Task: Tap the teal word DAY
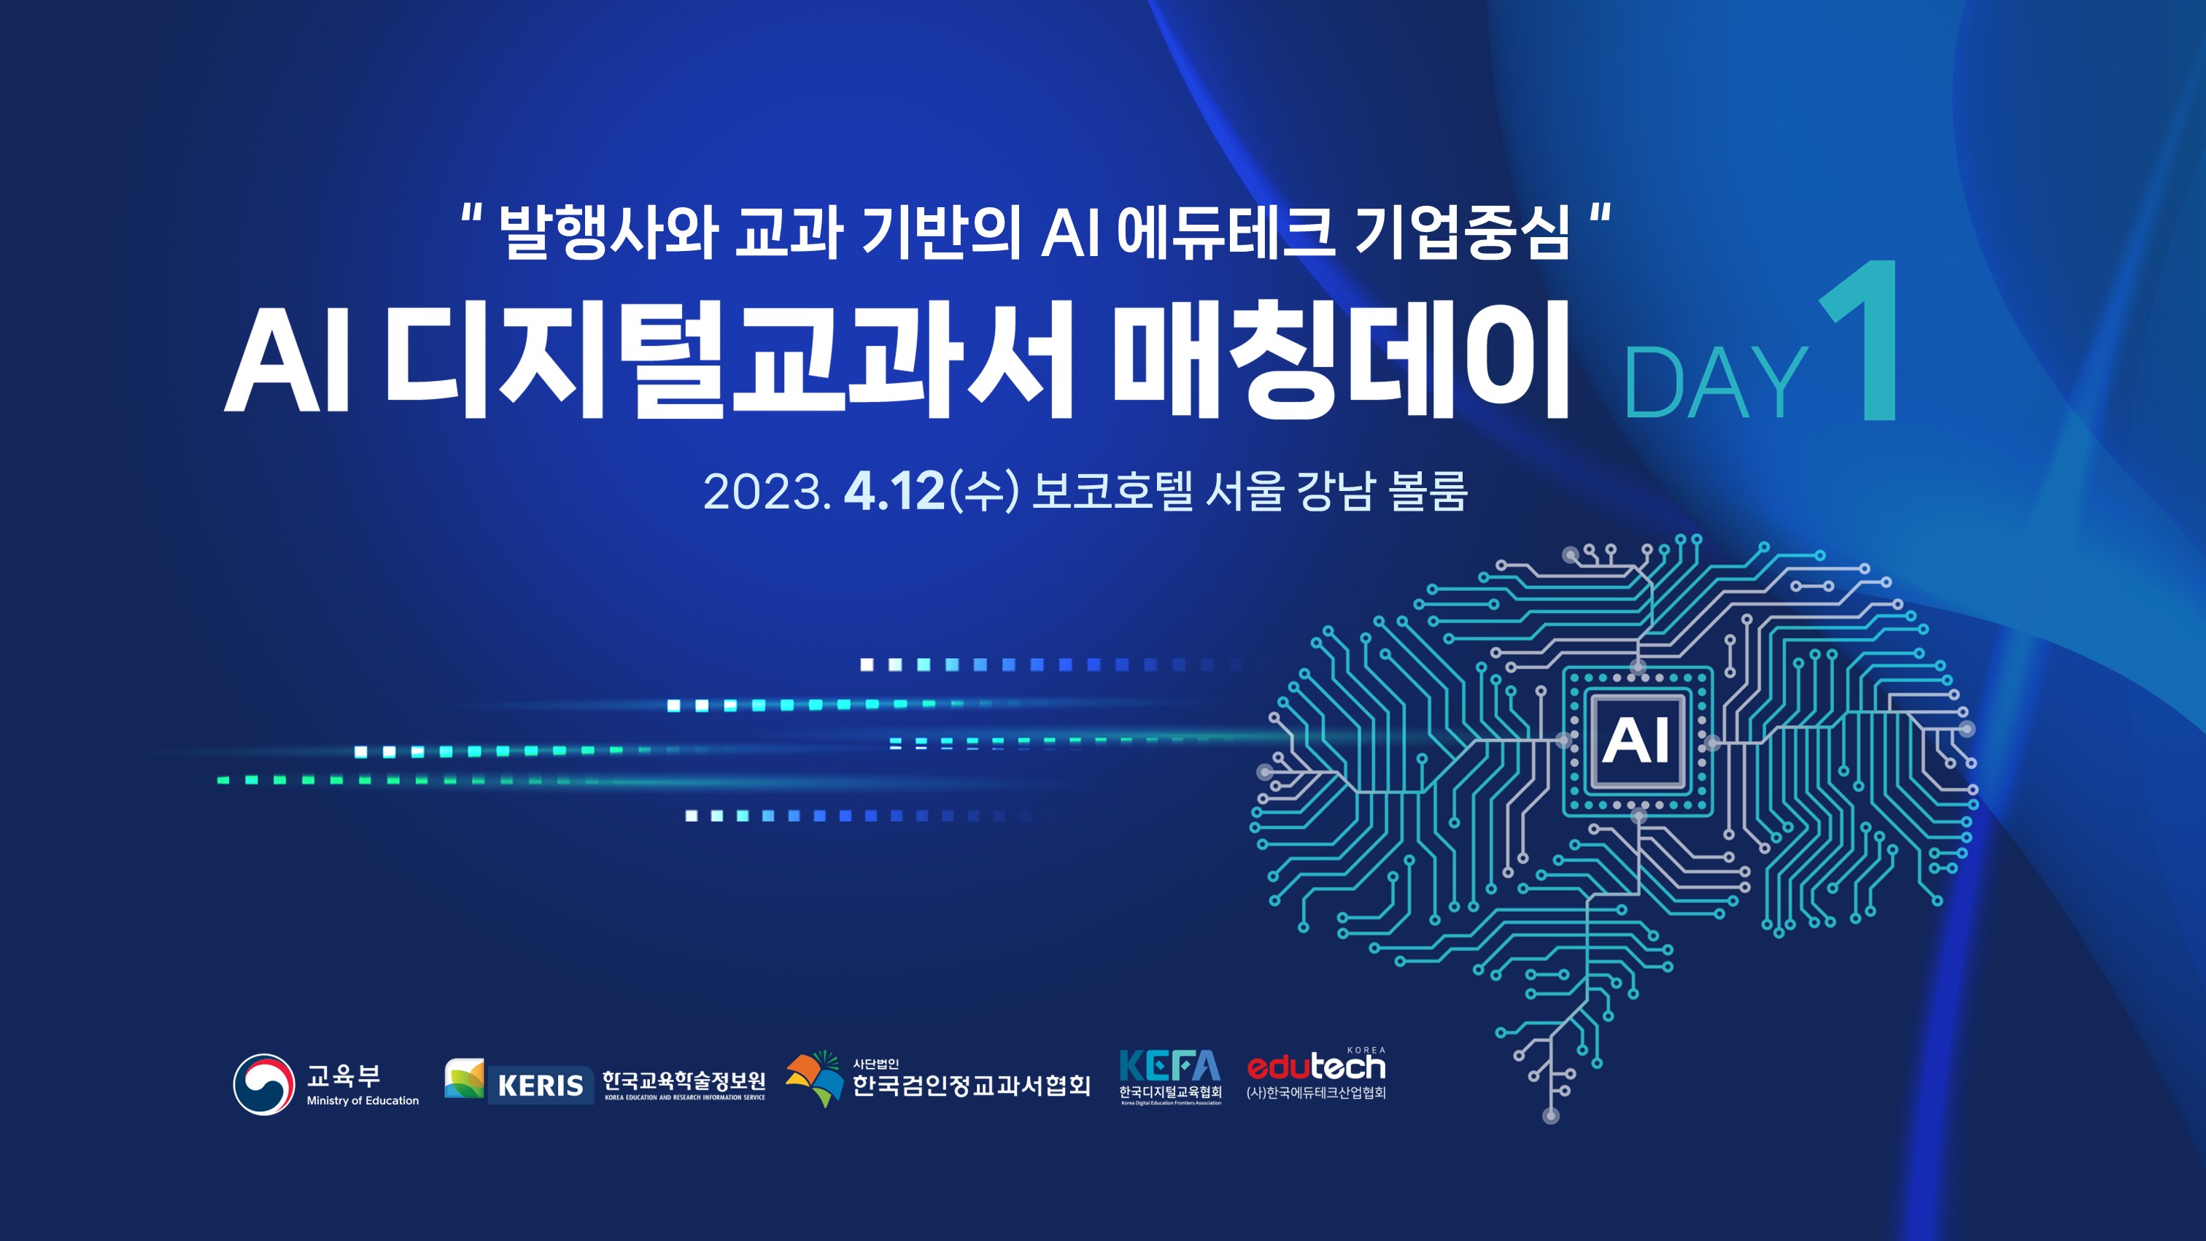tap(1715, 384)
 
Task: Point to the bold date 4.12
tap(894, 492)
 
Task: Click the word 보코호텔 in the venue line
tap(1112, 491)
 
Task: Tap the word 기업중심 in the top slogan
tap(1462, 231)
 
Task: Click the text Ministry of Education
tap(363, 1100)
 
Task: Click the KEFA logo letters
tap(1170, 1067)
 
